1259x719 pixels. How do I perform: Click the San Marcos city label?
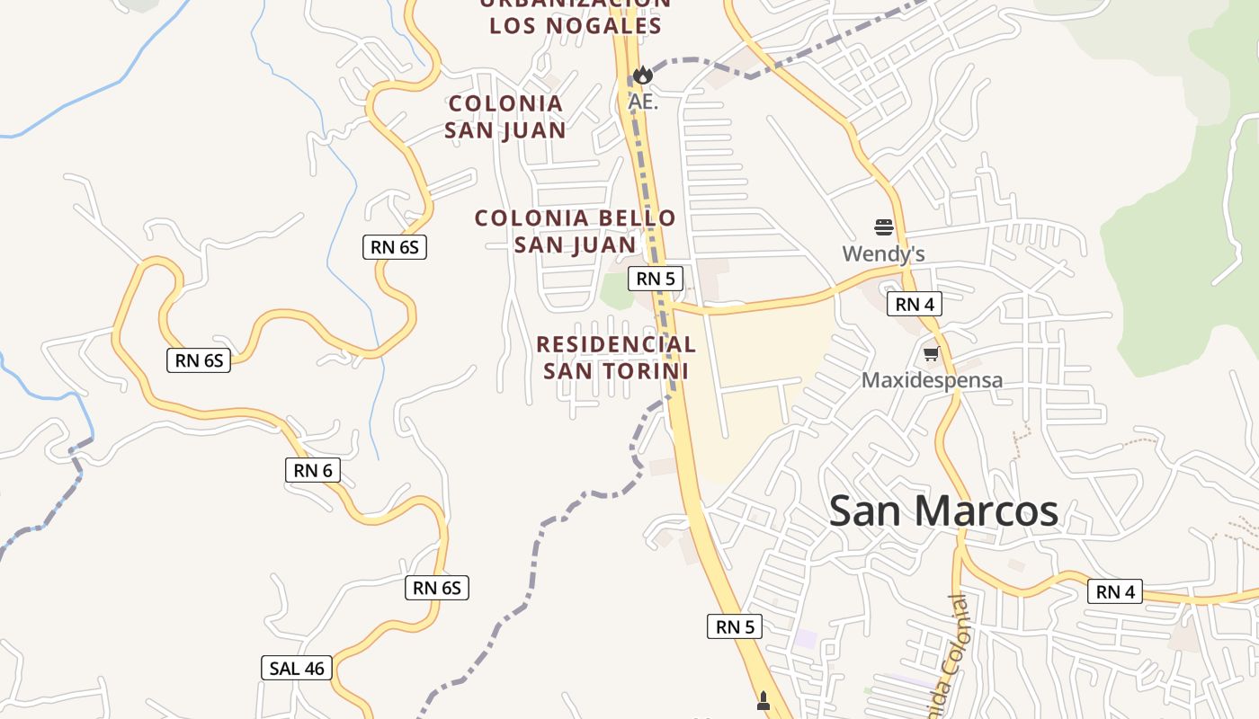point(943,511)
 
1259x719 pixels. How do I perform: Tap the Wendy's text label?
point(883,254)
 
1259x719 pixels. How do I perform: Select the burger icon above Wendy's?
point(883,226)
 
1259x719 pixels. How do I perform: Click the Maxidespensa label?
point(932,380)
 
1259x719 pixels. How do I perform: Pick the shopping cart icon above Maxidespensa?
point(931,354)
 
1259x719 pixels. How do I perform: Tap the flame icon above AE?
point(642,75)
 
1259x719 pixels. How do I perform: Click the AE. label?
point(643,102)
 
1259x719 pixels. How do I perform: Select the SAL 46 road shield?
point(297,668)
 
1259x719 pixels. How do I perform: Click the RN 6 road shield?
point(313,469)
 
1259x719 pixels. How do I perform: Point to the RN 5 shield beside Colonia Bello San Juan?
point(655,279)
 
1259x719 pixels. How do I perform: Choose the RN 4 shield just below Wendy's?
point(915,305)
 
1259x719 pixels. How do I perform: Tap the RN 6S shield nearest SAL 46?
point(437,588)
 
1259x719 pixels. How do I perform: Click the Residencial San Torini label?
point(616,358)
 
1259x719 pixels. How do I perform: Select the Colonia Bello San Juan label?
point(575,231)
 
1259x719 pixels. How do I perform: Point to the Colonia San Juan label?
point(505,117)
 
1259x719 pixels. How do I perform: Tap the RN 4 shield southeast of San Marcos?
point(1115,591)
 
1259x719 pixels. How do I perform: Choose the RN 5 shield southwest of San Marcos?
point(735,626)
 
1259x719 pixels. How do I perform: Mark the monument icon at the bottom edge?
point(763,701)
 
